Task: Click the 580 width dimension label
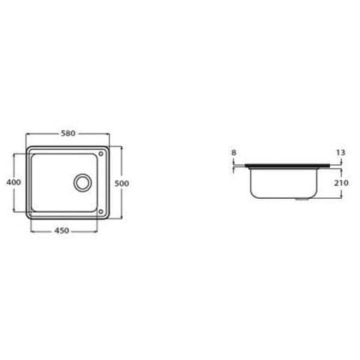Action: click(x=68, y=133)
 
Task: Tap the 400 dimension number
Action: click(x=13, y=182)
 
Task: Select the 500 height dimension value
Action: click(x=121, y=184)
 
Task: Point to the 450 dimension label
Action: click(x=61, y=230)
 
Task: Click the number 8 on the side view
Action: click(x=234, y=152)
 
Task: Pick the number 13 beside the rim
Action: click(x=340, y=152)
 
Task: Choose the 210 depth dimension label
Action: click(x=341, y=183)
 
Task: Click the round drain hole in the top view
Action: click(x=82, y=183)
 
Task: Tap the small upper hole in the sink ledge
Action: click(x=100, y=154)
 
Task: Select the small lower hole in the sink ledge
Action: click(x=100, y=211)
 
